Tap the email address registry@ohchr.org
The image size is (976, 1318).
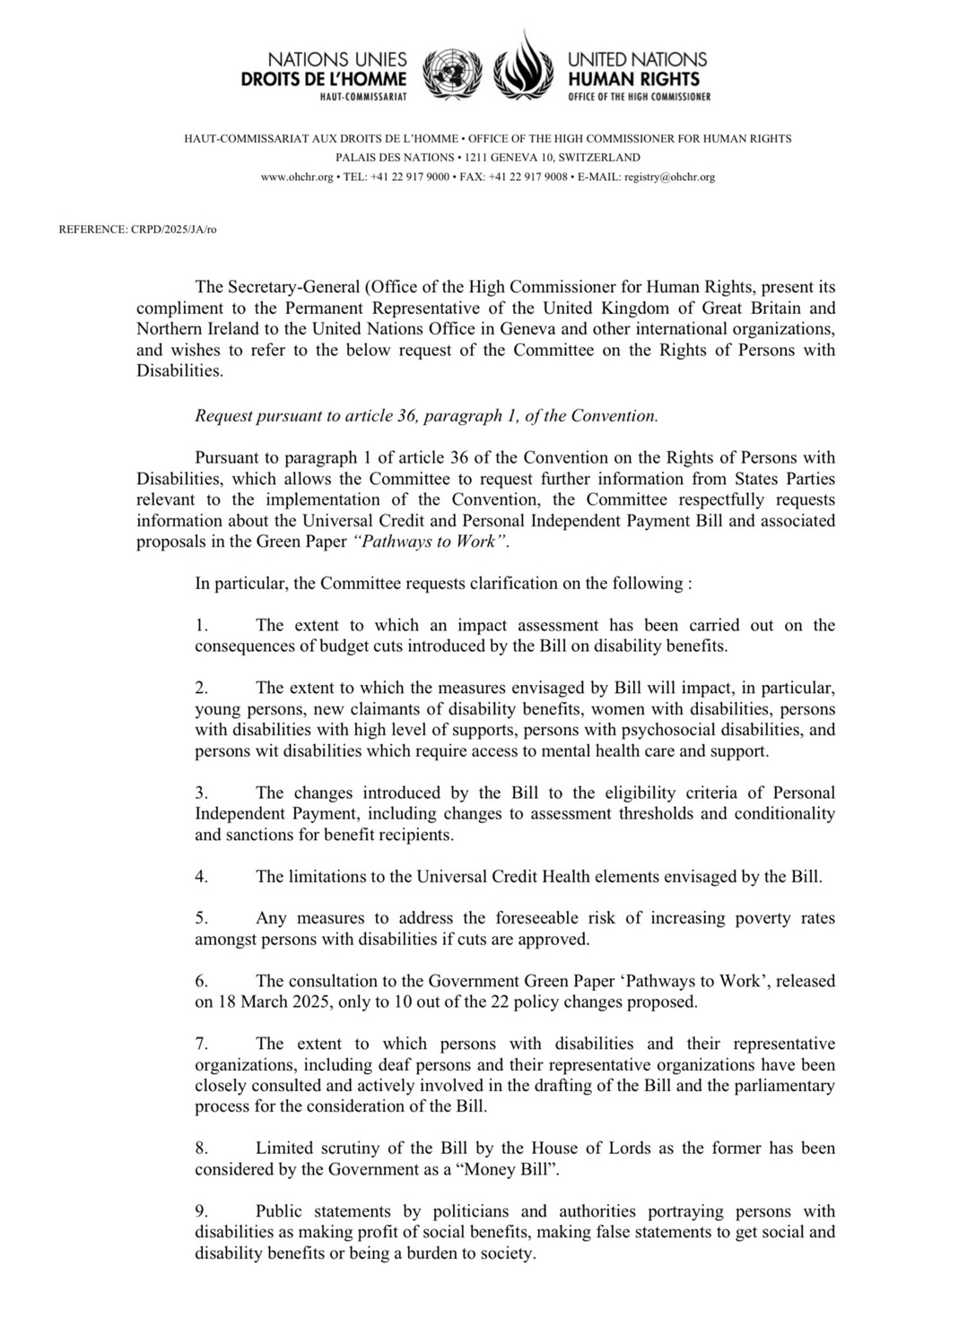click(x=669, y=177)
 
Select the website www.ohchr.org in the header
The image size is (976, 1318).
click(x=298, y=177)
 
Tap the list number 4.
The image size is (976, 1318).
click(x=201, y=876)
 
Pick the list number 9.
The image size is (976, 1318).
click(x=201, y=1210)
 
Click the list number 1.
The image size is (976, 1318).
click(x=201, y=625)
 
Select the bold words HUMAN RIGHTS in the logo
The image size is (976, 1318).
click(x=633, y=79)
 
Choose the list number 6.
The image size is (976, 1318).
click(x=201, y=981)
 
